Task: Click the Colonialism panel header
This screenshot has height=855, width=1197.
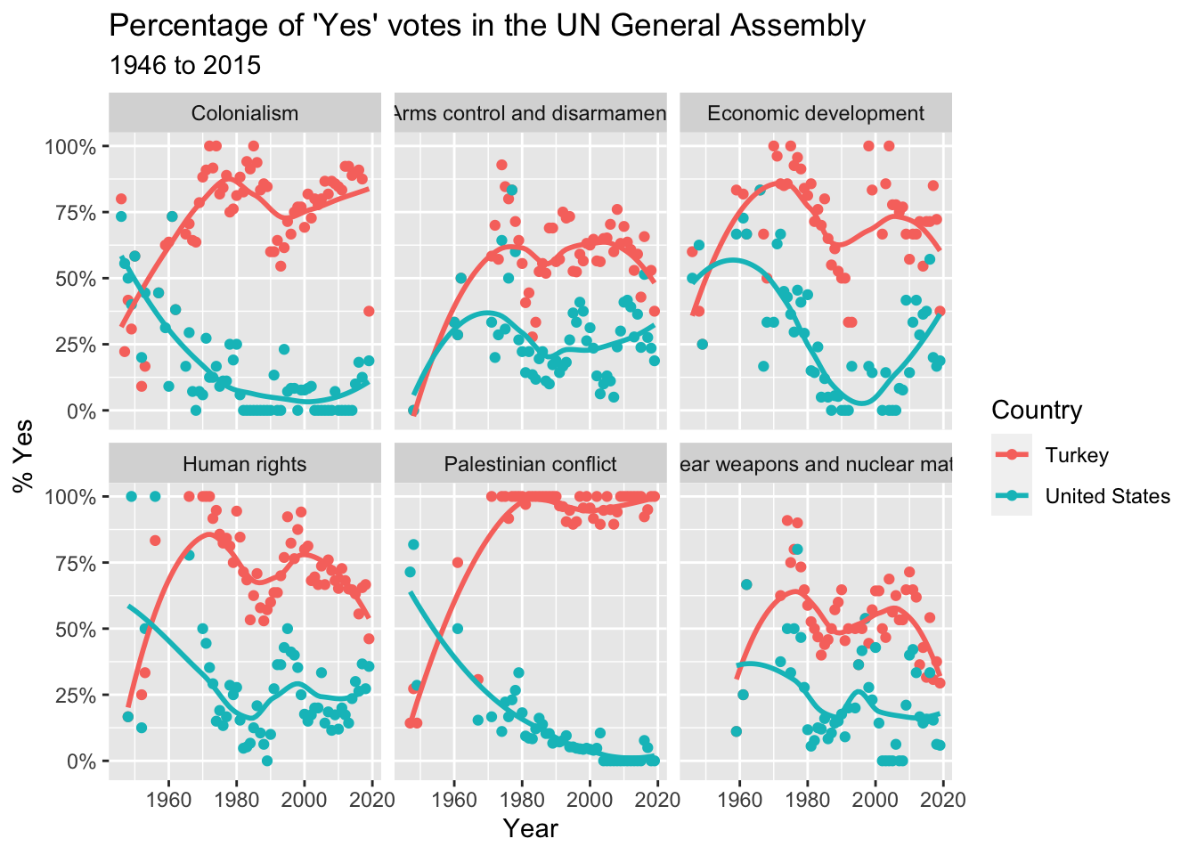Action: pos(245,113)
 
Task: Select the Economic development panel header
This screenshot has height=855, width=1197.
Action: pos(816,113)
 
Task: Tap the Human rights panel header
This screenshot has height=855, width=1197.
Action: pos(245,464)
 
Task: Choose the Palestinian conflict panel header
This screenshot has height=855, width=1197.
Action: pos(530,464)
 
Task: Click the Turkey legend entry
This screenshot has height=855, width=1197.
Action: pos(1077,455)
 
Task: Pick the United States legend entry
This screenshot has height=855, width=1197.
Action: pos(1107,496)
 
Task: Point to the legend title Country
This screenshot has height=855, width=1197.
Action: pos(1037,410)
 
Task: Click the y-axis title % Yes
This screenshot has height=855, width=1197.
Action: pos(24,455)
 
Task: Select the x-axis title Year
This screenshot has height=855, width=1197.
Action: pos(530,829)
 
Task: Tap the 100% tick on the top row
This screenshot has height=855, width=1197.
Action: pos(70,146)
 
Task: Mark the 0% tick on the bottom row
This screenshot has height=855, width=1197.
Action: pos(78,761)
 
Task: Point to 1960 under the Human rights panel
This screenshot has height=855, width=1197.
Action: pos(168,799)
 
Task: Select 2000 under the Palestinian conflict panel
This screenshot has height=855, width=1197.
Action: pos(590,799)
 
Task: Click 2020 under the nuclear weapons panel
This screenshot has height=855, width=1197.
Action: pos(943,799)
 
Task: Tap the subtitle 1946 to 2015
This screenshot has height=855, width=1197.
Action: pos(184,66)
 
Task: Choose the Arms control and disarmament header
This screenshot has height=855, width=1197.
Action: pos(530,113)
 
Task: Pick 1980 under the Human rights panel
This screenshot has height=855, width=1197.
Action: pos(237,799)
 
